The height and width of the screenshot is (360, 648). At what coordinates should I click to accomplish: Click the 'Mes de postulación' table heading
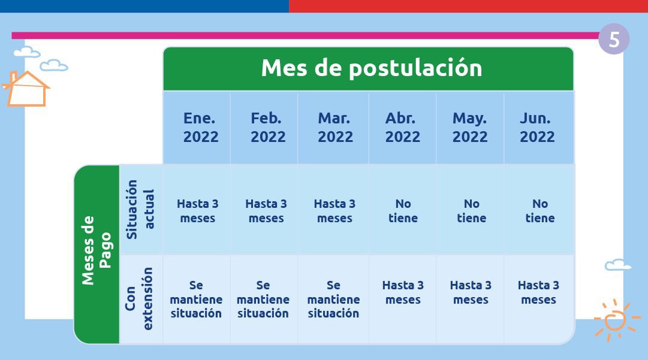pos(371,68)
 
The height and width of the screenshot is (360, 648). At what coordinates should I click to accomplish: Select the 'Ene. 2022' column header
pos(201,128)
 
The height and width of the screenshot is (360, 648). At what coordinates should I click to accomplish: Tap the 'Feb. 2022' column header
pos(267,128)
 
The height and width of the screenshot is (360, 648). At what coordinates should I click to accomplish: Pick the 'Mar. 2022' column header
pos(335,128)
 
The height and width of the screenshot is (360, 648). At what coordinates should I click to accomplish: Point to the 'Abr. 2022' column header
pos(402,128)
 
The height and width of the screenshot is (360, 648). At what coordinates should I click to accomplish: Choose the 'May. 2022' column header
pos(469,128)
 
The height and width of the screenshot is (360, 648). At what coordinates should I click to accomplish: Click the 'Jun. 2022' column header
pos(537,128)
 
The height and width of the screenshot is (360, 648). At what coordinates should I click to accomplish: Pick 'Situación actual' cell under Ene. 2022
pos(197,211)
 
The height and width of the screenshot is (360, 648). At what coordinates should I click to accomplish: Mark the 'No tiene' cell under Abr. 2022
pos(403,211)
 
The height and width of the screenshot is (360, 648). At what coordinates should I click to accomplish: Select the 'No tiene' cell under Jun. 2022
pos(540,211)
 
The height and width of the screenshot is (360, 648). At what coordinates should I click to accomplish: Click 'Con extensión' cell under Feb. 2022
pos(263,299)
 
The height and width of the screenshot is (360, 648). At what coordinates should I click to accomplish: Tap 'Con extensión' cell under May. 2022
pos(471,292)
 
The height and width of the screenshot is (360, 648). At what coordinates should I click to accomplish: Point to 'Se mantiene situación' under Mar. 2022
pos(333,299)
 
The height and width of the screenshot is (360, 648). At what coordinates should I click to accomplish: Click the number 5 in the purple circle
pos(614,40)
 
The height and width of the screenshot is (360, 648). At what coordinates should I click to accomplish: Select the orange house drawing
pos(27,89)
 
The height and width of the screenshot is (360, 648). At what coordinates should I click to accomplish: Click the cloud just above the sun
pos(617,265)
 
